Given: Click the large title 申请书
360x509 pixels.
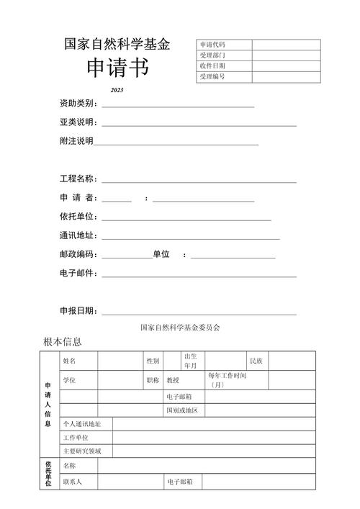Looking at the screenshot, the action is (x=118, y=70).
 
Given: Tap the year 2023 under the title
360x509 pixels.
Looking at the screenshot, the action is (x=117, y=91).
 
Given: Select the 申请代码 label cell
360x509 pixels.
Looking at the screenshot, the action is (x=212, y=45).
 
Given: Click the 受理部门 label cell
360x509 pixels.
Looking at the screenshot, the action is (x=212, y=55).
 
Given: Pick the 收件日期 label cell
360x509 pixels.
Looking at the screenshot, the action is (x=212, y=66).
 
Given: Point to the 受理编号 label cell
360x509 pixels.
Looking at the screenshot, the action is (x=212, y=76).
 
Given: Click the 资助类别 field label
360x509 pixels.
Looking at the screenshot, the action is (x=78, y=104).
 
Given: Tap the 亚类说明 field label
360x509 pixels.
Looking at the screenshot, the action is (x=78, y=122).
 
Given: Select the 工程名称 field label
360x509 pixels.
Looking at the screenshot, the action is (x=78, y=179).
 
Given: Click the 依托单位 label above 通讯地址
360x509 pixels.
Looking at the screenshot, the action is (x=78, y=217).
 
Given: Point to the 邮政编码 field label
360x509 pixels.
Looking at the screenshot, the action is (x=78, y=254).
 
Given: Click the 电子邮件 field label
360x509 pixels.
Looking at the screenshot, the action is (x=78, y=273).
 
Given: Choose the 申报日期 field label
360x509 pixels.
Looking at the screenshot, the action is (x=78, y=311).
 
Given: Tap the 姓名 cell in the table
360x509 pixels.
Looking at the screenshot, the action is (x=69, y=360).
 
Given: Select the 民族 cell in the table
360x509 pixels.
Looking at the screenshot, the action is (x=256, y=360).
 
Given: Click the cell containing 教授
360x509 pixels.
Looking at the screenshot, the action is (x=173, y=379).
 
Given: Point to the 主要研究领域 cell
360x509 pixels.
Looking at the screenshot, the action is (x=82, y=451).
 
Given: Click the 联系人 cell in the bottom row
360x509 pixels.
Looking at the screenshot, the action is (x=73, y=482).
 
